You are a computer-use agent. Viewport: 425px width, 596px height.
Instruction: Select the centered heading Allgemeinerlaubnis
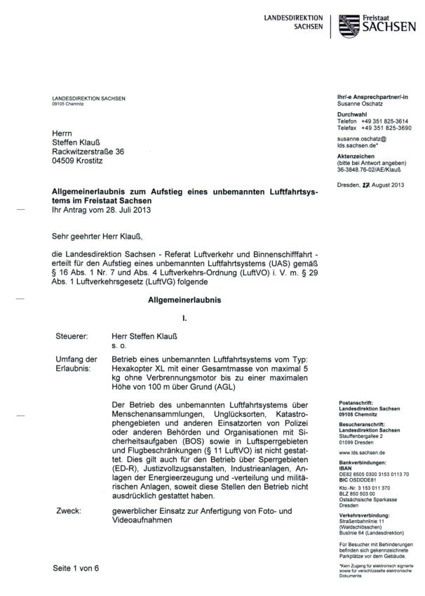[x=184, y=300]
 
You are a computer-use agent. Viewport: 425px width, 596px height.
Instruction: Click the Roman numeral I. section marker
[x=184, y=318]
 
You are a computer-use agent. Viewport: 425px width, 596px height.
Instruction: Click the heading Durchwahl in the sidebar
[x=353, y=114]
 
